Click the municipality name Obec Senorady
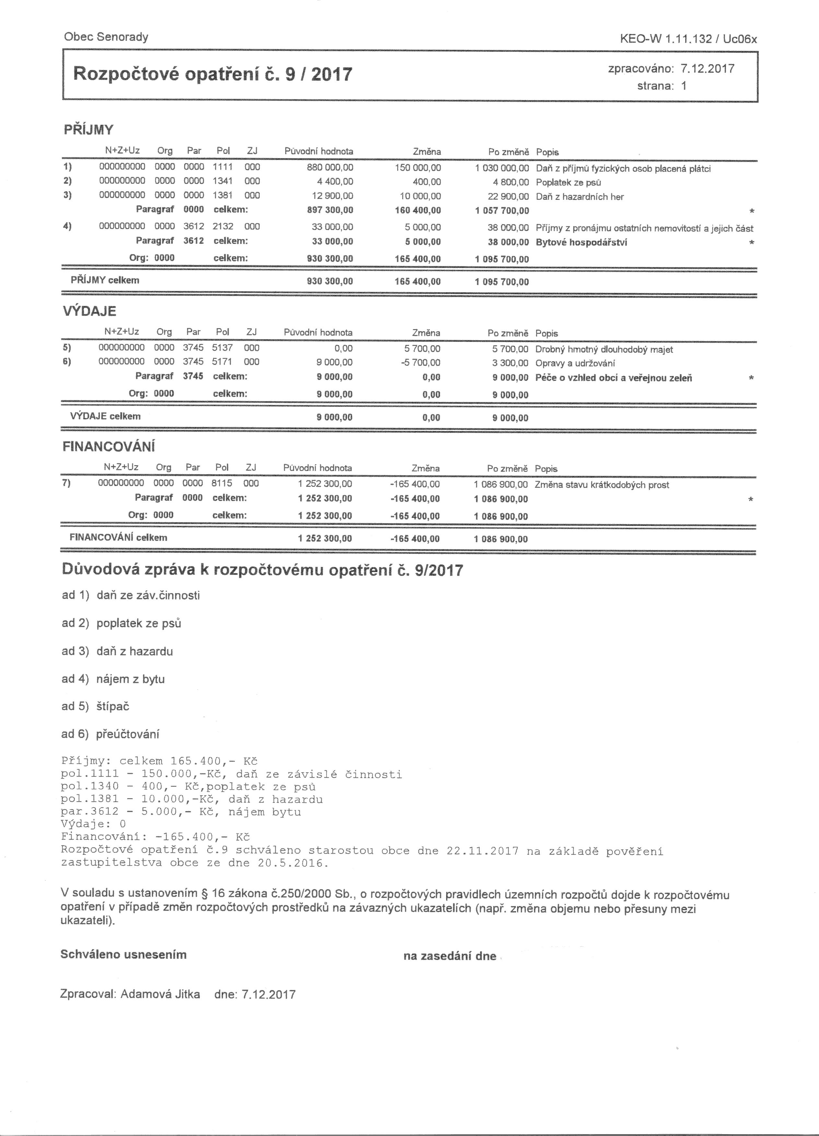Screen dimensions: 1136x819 click(x=106, y=37)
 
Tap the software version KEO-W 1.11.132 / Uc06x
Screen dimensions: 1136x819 click(x=688, y=40)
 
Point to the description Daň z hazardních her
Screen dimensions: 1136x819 click(x=580, y=197)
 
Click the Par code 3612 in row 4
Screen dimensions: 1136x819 click(x=193, y=226)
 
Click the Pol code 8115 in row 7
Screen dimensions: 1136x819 click(x=221, y=483)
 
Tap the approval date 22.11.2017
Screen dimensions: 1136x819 click(x=482, y=851)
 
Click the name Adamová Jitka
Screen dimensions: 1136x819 click(x=160, y=994)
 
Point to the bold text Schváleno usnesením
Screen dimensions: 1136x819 click(x=123, y=955)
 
